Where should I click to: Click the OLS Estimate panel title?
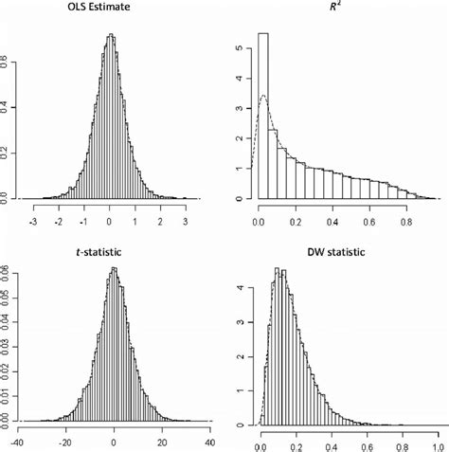(x=111, y=10)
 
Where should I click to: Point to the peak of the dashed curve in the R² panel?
(x=264, y=95)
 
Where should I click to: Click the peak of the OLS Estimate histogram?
(x=110, y=36)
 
